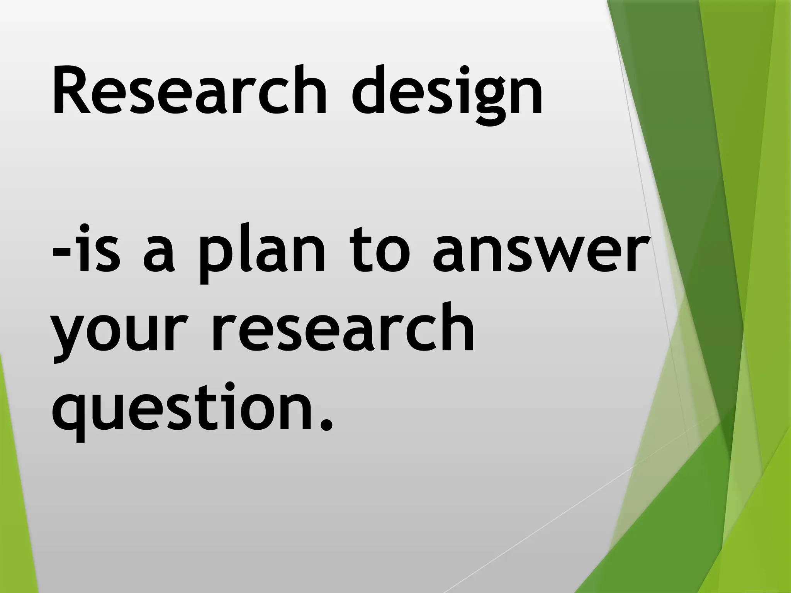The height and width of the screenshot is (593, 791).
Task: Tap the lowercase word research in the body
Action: (342, 328)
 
